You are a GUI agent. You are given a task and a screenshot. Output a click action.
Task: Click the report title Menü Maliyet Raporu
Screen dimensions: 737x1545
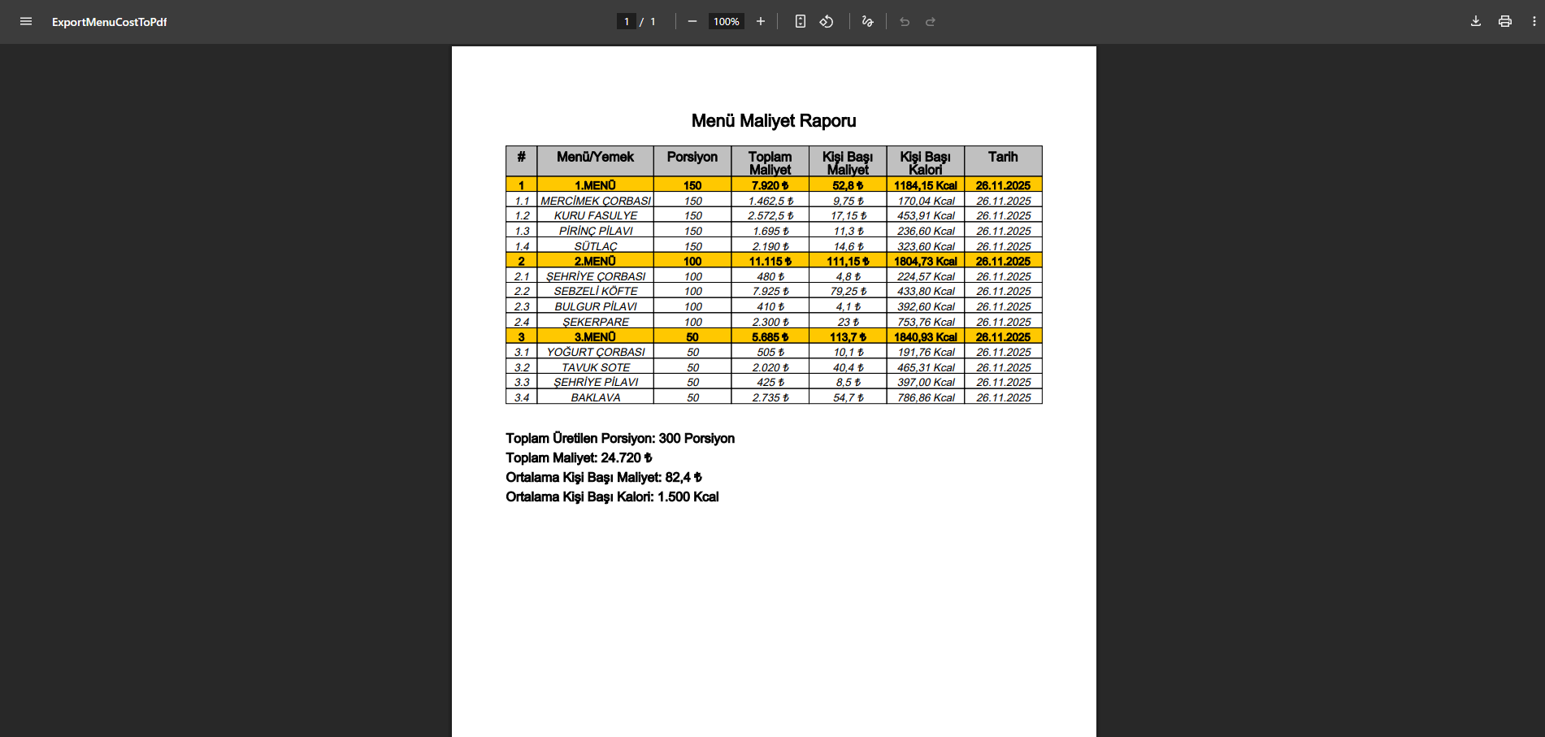click(x=773, y=121)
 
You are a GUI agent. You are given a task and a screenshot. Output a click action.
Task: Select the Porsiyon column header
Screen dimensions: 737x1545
click(x=692, y=157)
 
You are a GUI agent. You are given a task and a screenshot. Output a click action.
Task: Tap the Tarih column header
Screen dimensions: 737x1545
click(x=1003, y=157)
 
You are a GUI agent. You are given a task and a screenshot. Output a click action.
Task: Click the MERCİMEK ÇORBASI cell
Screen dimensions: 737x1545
click(x=596, y=201)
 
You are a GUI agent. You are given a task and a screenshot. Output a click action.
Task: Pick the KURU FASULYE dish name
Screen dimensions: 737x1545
click(x=596, y=216)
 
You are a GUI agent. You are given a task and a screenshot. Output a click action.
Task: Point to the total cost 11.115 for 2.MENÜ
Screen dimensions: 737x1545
click(x=770, y=262)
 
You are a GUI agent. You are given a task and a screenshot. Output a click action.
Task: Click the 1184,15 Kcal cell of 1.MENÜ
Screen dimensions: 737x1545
click(x=925, y=186)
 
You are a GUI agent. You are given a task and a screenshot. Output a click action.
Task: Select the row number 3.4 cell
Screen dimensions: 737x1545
click(x=522, y=398)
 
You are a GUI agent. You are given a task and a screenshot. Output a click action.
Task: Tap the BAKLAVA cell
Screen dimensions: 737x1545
click(x=596, y=398)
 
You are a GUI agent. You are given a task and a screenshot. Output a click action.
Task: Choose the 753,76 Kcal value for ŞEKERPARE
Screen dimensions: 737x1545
click(x=925, y=323)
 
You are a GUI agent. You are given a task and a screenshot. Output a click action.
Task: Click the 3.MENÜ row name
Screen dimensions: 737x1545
click(x=595, y=337)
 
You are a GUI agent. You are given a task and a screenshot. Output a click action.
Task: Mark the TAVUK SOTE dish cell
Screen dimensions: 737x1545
click(x=596, y=368)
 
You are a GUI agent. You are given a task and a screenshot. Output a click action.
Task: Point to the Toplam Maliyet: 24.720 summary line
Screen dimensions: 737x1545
click(x=579, y=458)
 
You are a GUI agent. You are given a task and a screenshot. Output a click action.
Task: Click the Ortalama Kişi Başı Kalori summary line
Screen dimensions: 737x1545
click(x=612, y=497)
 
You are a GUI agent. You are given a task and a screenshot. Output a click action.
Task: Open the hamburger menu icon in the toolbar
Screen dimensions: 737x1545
click(x=26, y=22)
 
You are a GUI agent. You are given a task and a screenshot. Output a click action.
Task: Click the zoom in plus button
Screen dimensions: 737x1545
click(x=761, y=22)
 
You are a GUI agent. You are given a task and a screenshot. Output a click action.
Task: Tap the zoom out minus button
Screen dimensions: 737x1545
click(x=692, y=22)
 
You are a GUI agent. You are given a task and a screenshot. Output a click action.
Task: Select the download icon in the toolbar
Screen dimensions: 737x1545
click(x=1476, y=22)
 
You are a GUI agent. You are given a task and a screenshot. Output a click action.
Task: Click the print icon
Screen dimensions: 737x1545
click(x=1505, y=22)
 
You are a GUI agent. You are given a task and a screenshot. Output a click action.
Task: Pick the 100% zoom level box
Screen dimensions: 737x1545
click(x=727, y=22)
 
